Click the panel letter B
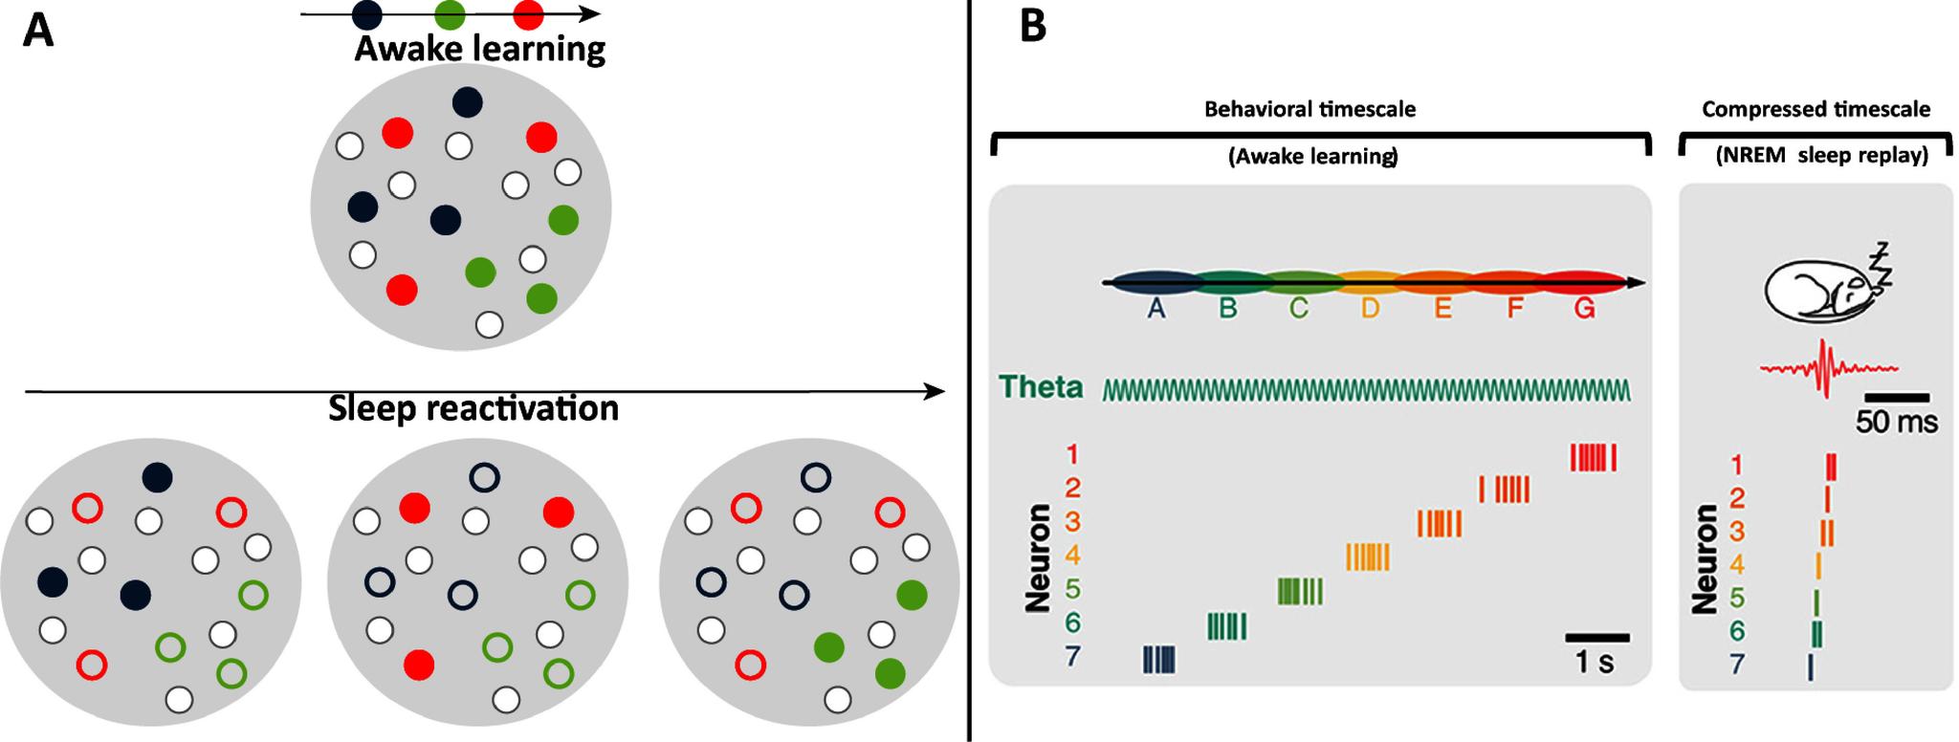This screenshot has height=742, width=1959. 1033,27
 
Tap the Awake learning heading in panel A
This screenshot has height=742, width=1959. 479,49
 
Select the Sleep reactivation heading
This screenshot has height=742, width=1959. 473,408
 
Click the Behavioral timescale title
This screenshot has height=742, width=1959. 1310,109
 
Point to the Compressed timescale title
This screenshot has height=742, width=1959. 1816,110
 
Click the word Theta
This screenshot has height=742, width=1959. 1041,387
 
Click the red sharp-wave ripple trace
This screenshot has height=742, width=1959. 1828,368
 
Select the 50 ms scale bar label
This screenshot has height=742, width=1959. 1896,422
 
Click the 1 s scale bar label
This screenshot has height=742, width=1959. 1594,662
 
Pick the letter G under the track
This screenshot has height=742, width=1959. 1584,310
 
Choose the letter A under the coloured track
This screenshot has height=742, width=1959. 1156,310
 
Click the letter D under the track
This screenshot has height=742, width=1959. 1370,310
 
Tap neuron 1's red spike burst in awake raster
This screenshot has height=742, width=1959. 1594,457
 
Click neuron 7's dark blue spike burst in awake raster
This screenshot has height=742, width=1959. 1159,660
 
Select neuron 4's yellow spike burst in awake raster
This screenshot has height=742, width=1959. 1368,556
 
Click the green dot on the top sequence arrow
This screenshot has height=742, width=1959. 450,14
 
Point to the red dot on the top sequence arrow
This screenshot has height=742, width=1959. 528,14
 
